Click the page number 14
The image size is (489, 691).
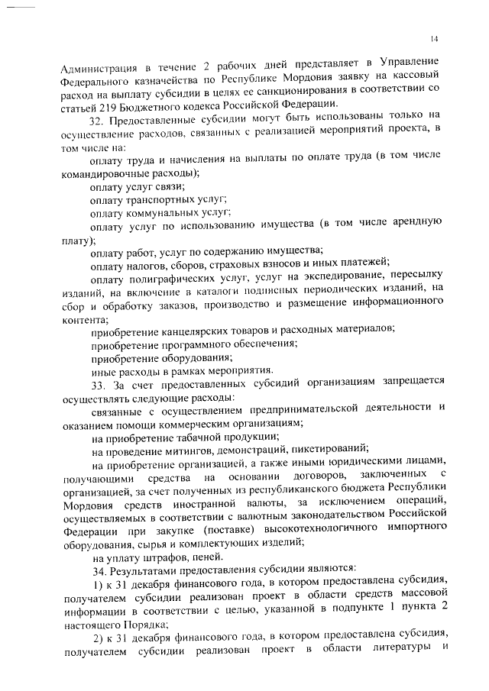click(x=434, y=39)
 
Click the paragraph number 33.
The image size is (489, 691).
click(x=97, y=383)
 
